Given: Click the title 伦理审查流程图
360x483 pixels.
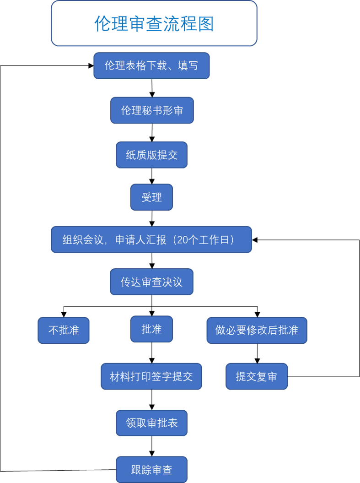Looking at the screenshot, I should (x=154, y=24).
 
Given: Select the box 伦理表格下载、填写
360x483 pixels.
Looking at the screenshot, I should (x=151, y=65).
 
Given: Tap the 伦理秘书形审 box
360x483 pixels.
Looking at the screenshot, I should (x=152, y=110).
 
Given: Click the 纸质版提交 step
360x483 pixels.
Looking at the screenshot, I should (x=151, y=155).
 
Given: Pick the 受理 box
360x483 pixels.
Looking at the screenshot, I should (x=151, y=197).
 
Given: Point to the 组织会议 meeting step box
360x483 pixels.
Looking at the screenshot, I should (x=151, y=239).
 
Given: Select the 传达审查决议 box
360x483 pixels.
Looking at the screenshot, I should (x=151, y=282).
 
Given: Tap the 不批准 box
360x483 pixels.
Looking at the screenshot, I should (x=64, y=330).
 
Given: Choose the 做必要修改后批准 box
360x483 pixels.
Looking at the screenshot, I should (x=257, y=330).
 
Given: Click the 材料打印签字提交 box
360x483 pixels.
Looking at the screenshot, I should (x=151, y=376).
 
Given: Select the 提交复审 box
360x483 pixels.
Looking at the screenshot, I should (x=257, y=376).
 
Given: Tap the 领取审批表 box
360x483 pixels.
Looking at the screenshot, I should (x=151, y=423).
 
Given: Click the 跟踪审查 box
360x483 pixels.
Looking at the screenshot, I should (x=151, y=470).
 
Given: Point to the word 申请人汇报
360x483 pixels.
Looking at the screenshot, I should (x=140, y=239).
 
